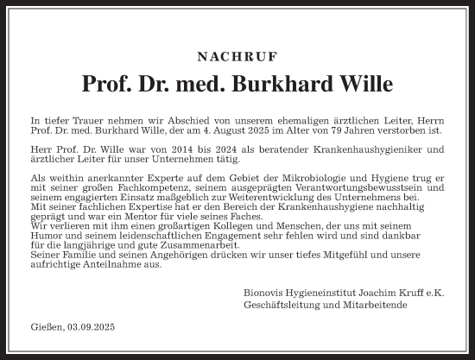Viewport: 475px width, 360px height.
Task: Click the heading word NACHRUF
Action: (237, 56)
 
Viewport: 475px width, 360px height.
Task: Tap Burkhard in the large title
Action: (282, 84)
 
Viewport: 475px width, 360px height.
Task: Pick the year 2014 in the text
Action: (178, 149)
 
